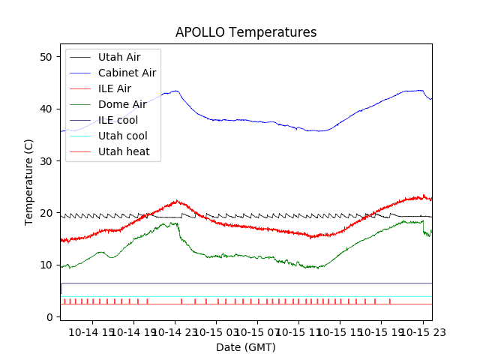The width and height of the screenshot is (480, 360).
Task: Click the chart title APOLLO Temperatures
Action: (246, 32)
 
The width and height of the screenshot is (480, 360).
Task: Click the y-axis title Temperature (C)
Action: (29, 181)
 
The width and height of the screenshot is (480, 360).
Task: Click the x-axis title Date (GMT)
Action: (246, 347)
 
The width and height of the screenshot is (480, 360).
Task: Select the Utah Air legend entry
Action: (118, 57)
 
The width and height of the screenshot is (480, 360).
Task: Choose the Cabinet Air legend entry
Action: (127, 73)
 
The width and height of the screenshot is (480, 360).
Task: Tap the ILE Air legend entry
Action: (115, 88)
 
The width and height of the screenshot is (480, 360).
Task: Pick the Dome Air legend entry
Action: (122, 104)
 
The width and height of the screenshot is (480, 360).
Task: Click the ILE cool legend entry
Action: (118, 120)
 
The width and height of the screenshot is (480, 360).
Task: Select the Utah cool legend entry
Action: (122, 136)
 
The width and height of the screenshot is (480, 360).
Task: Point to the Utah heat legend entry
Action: (124, 151)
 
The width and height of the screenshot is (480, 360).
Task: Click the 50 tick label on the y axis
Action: (46, 57)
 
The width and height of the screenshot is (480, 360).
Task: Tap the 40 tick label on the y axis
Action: (46, 109)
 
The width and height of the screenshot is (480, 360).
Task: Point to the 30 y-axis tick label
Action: (46, 161)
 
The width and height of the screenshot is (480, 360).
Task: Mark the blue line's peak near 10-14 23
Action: (176, 91)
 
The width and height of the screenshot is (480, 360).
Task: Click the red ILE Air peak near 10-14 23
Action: (177, 200)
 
